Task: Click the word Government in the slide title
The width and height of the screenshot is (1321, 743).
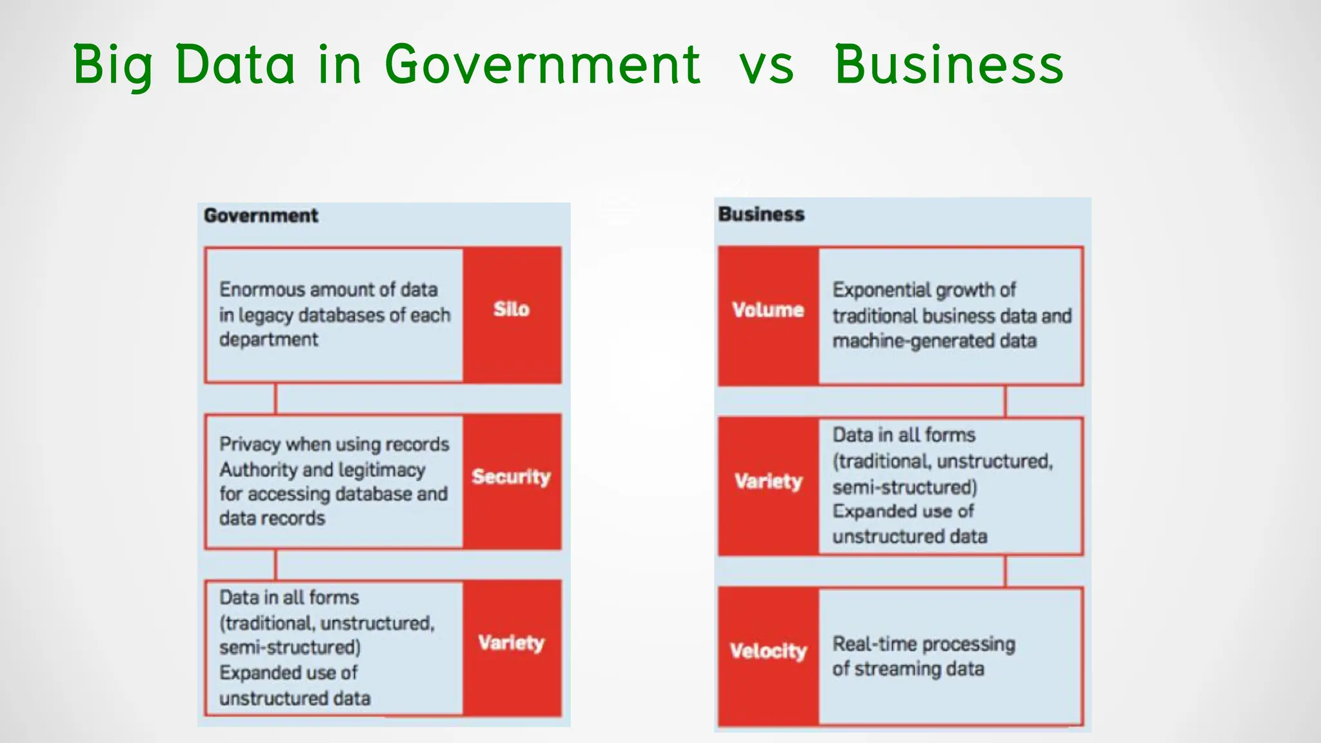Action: click(542, 64)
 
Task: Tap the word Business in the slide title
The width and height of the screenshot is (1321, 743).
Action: click(949, 64)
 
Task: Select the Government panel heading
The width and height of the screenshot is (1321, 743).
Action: click(261, 215)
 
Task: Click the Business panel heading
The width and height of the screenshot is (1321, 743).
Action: click(761, 214)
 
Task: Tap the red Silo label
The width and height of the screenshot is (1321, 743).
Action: click(512, 310)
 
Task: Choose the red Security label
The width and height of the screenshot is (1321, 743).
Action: click(512, 477)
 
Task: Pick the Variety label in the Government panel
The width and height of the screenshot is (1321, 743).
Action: click(512, 643)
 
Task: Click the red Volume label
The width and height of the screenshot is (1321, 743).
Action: click(768, 310)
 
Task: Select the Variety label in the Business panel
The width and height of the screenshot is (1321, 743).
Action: click(768, 481)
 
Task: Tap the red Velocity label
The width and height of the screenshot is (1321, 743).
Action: click(768, 651)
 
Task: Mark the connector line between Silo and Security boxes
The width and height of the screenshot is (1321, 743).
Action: click(276, 399)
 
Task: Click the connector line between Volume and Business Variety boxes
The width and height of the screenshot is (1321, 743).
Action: click(1005, 401)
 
